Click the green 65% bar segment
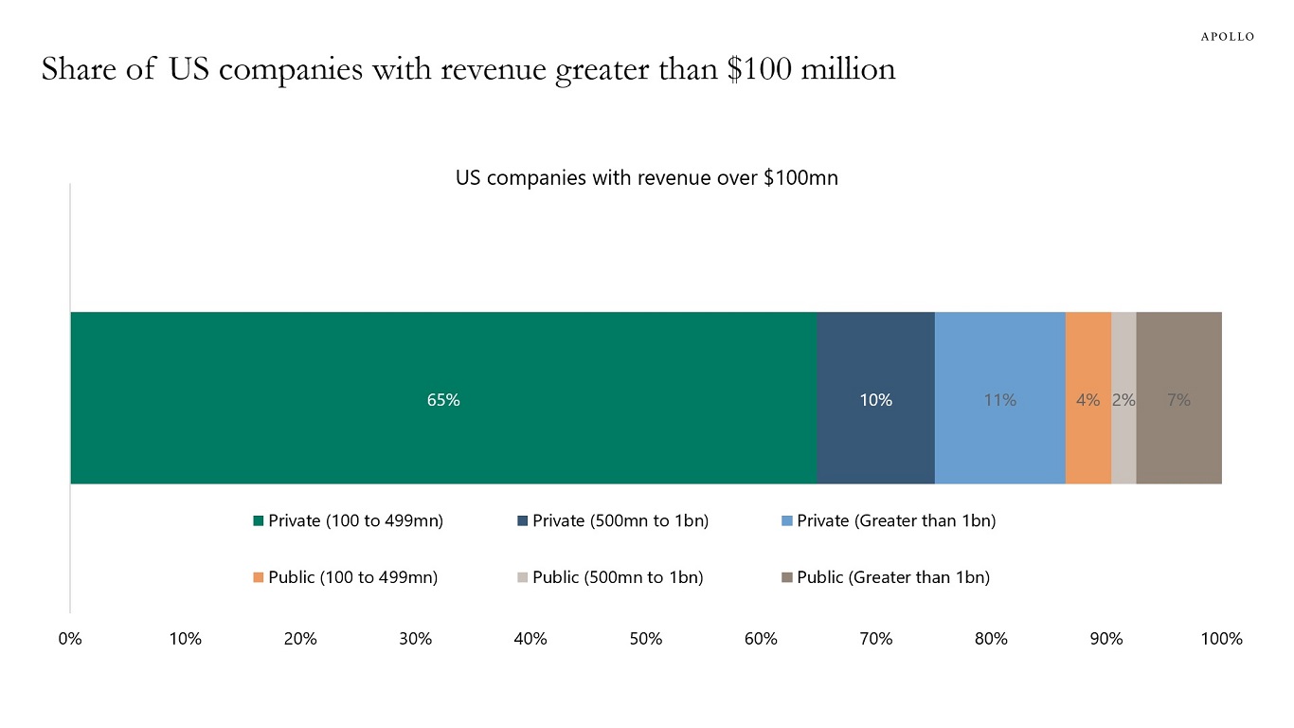pos(443,398)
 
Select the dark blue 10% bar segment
pos(875,398)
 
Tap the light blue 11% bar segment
pos(999,398)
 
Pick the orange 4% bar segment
pos(1087,398)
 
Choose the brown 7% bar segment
pos(1178,398)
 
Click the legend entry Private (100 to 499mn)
pos(349,520)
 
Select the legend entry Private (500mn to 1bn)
pos(613,520)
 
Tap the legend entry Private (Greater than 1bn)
pos(889,520)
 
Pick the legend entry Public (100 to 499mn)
pos(346,577)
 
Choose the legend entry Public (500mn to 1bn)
pos(610,577)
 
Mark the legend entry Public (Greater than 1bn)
pos(886,577)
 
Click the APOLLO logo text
pos(1228,37)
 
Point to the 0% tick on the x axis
pos(70,639)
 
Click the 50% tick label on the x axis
pos(645,639)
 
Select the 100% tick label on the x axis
pos(1221,639)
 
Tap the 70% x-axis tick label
pos(875,639)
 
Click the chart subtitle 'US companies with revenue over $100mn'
pos(647,178)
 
